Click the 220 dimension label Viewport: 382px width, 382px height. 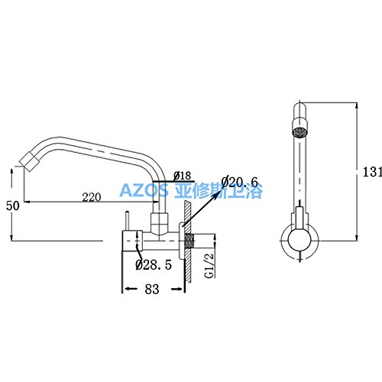(x=92, y=197)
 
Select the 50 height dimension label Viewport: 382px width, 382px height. (x=12, y=206)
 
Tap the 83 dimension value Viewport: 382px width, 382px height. (x=152, y=289)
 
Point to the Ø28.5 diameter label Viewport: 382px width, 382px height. (x=154, y=265)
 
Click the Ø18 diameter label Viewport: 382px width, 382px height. (x=183, y=176)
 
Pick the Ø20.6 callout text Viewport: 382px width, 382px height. (x=240, y=182)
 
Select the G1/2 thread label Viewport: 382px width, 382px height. (x=209, y=266)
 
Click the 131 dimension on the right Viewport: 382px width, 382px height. (x=372, y=172)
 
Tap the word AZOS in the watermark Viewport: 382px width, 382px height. (x=144, y=190)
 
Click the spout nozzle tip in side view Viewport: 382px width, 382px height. (x=30, y=161)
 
